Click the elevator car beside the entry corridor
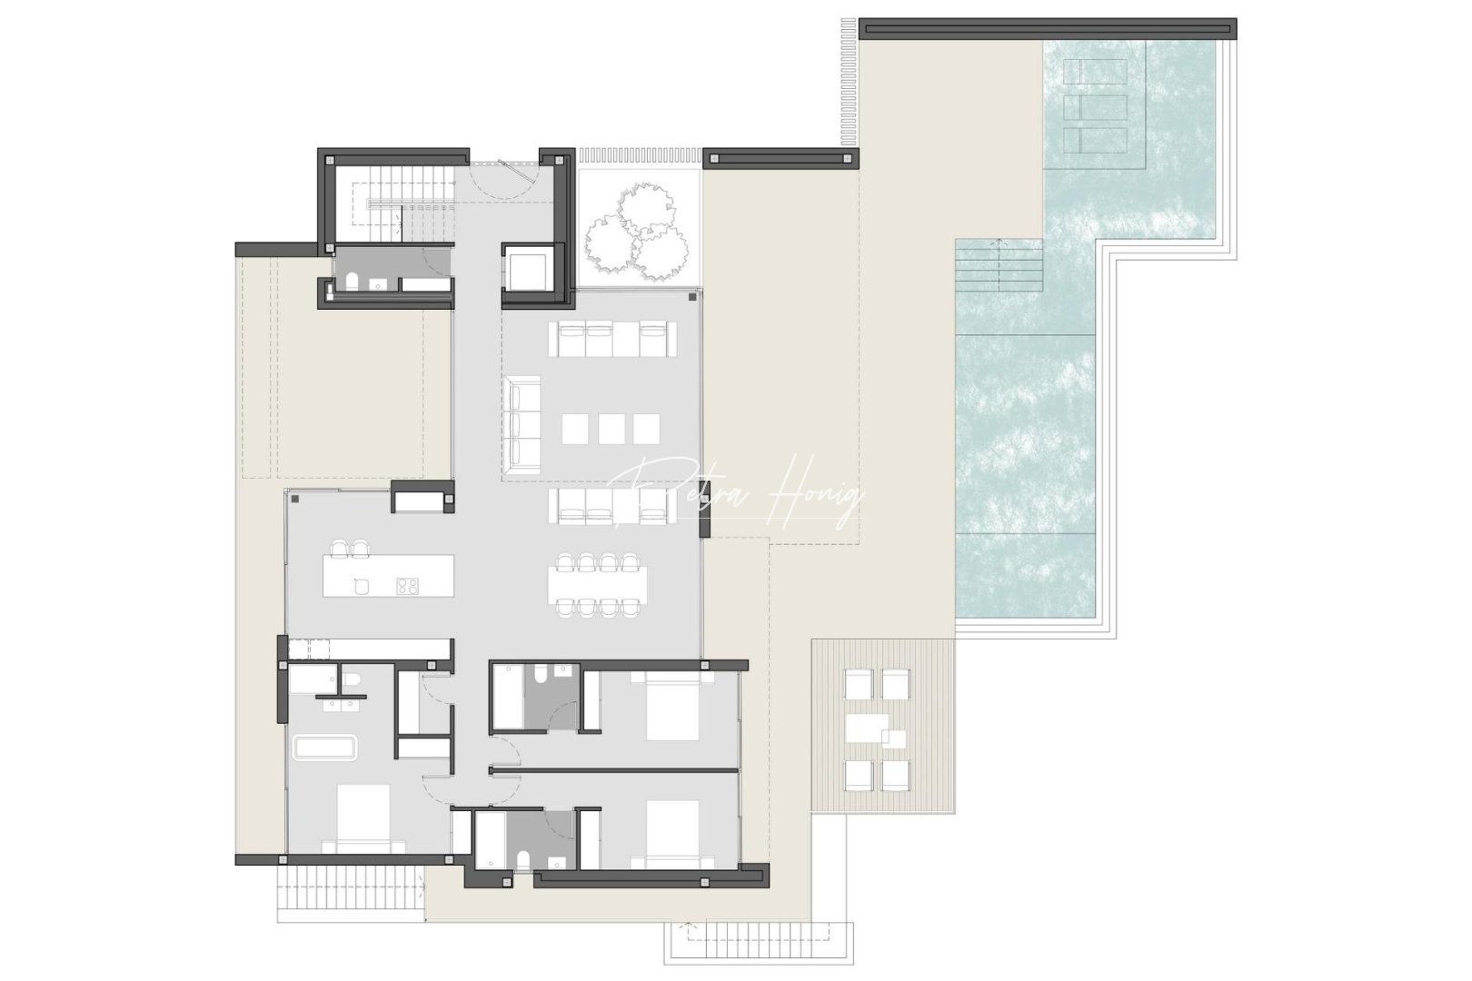tap(527, 270)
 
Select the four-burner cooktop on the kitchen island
tap(407, 586)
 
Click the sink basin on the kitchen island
tap(360, 586)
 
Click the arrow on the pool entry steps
tap(1000, 243)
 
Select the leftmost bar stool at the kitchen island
tap(340, 549)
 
